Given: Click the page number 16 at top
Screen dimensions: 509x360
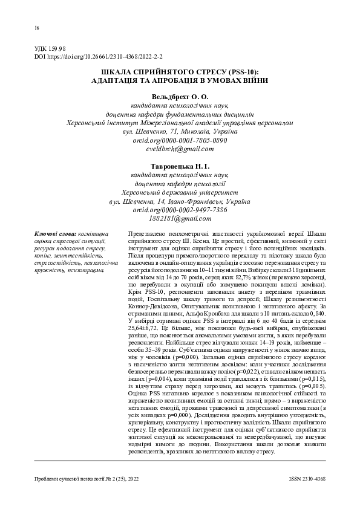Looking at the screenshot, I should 37,28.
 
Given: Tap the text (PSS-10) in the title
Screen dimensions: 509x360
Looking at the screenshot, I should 243,71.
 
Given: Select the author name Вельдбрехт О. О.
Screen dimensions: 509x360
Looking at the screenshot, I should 180,96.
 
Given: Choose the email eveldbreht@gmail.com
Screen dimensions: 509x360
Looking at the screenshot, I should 180,149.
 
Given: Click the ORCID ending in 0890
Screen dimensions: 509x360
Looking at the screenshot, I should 180,140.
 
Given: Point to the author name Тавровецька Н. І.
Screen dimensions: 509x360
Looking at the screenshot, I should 180,166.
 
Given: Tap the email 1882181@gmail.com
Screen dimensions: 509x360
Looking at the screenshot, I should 180,218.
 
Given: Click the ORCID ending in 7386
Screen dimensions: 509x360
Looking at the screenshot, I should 180,209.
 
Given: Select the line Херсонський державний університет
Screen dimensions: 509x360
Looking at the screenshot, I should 180,192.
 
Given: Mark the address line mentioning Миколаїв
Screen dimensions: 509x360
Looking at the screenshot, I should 180,131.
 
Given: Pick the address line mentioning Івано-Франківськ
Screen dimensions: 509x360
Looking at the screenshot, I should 180,201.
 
